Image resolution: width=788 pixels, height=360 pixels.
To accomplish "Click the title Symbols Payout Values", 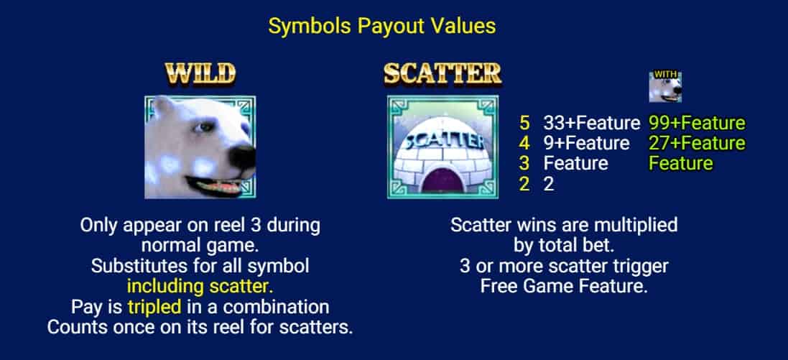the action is [382, 26].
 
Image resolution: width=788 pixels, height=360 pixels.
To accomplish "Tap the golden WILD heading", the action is [200, 74].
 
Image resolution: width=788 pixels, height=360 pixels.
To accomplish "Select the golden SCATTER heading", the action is [442, 74].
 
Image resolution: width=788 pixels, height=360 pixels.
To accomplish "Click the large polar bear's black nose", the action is [242, 157].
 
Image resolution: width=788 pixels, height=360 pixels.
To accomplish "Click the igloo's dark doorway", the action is [442, 181].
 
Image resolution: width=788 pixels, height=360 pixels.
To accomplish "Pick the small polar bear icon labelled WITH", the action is [665, 86].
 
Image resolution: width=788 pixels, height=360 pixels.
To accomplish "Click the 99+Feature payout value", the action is [697, 123].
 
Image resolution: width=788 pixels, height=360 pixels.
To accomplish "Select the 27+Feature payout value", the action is [697, 143].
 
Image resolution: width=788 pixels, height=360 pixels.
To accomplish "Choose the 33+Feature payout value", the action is [591, 123].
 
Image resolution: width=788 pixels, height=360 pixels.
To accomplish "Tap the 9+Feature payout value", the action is [586, 143].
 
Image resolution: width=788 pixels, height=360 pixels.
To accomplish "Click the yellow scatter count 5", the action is [524, 123].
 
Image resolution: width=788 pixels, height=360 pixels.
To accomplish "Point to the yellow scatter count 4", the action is [524, 143].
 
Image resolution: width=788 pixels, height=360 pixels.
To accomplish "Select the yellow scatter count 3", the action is [524, 163].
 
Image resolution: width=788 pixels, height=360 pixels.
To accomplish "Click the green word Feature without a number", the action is [681, 163].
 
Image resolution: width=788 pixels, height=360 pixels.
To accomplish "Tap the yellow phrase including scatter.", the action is [200, 286].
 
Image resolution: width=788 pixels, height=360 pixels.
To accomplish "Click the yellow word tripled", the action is [154, 307].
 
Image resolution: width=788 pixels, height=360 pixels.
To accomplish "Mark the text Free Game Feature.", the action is [563, 286].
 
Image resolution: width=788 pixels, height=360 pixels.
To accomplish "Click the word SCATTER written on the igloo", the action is [442, 140].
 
